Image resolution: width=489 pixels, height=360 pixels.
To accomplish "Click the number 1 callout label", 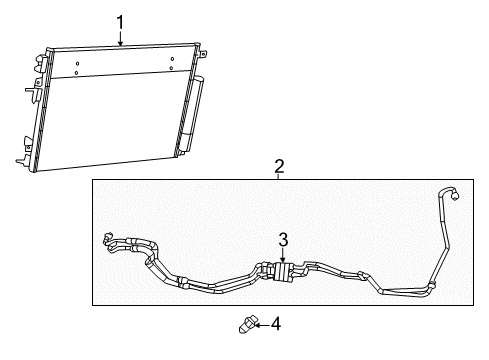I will [x=120, y=20].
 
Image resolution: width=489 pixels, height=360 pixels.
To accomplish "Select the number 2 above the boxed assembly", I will [x=280, y=166].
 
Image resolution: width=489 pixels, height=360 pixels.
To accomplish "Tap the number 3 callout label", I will [x=283, y=240].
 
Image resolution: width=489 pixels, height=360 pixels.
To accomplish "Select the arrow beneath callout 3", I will [x=283, y=256].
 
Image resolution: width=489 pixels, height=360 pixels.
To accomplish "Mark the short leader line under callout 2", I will [x=280, y=176].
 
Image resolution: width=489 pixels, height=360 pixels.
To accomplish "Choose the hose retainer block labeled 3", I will [x=281, y=270].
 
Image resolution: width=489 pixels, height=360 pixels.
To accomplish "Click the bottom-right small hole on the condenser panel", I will [x=172, y=69].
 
